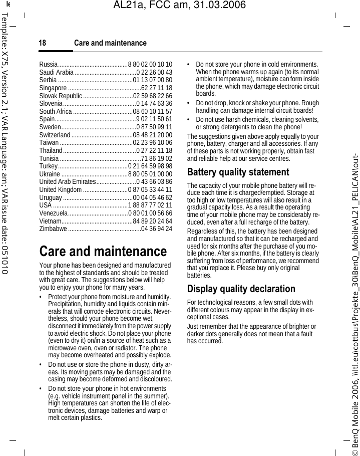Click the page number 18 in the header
click(x=43, y=43)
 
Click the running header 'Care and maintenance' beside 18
click(x=110, y=43)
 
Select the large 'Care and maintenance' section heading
click(x=103, y=251)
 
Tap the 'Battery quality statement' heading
click(x=238, y=172)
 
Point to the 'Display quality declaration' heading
click(x=241, y=289)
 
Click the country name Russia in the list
click(x=48, y=65)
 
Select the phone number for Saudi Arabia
click(x=154, y=73)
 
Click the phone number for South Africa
click(x=153, y=111)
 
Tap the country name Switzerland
click(x=55, y=135)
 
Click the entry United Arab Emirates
click(x=67, y=182)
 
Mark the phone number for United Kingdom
click(x=151, y=190)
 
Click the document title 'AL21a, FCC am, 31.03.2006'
click(x=180, y=6)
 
